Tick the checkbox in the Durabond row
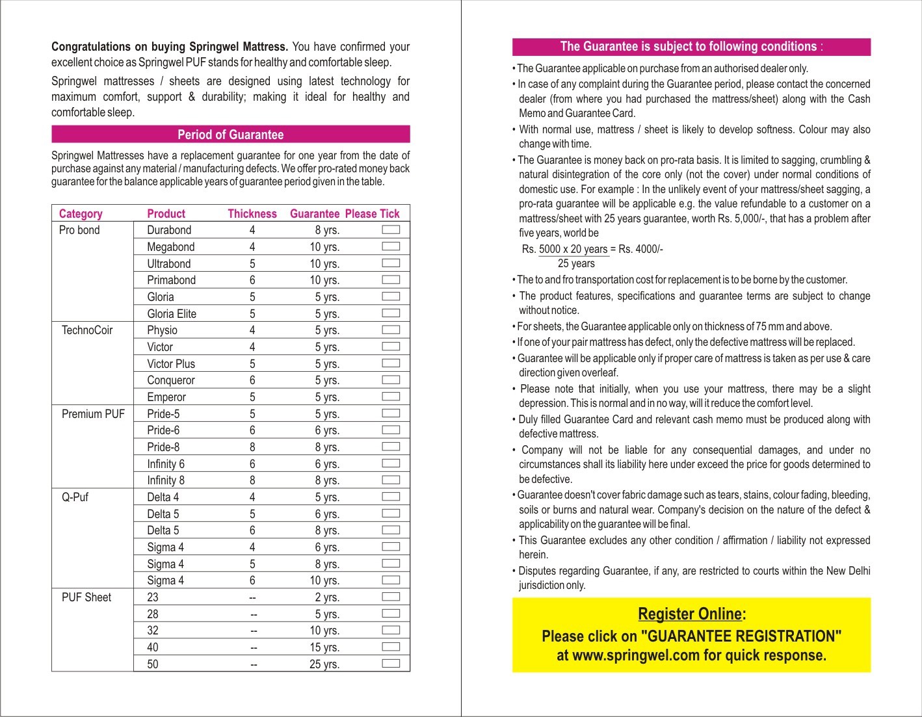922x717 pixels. click(391, 230)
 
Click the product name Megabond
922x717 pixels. click(170, 247)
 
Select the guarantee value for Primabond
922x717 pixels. click(324, 280)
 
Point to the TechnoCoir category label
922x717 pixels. click(87, 330)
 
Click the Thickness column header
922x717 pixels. click(252, 214)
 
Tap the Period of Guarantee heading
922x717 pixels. click(231, 135)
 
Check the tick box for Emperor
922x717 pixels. click(391, 397)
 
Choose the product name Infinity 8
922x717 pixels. click(166, 480)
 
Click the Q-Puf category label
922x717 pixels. click(75, 497)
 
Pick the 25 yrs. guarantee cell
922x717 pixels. click(324, 664)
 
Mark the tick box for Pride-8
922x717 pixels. click(391, 447)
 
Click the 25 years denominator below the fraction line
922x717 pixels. click(576, 264)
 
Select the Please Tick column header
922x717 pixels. click(372, 214)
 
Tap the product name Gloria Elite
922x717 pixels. click(172, 314)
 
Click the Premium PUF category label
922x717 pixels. click(93, 414)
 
